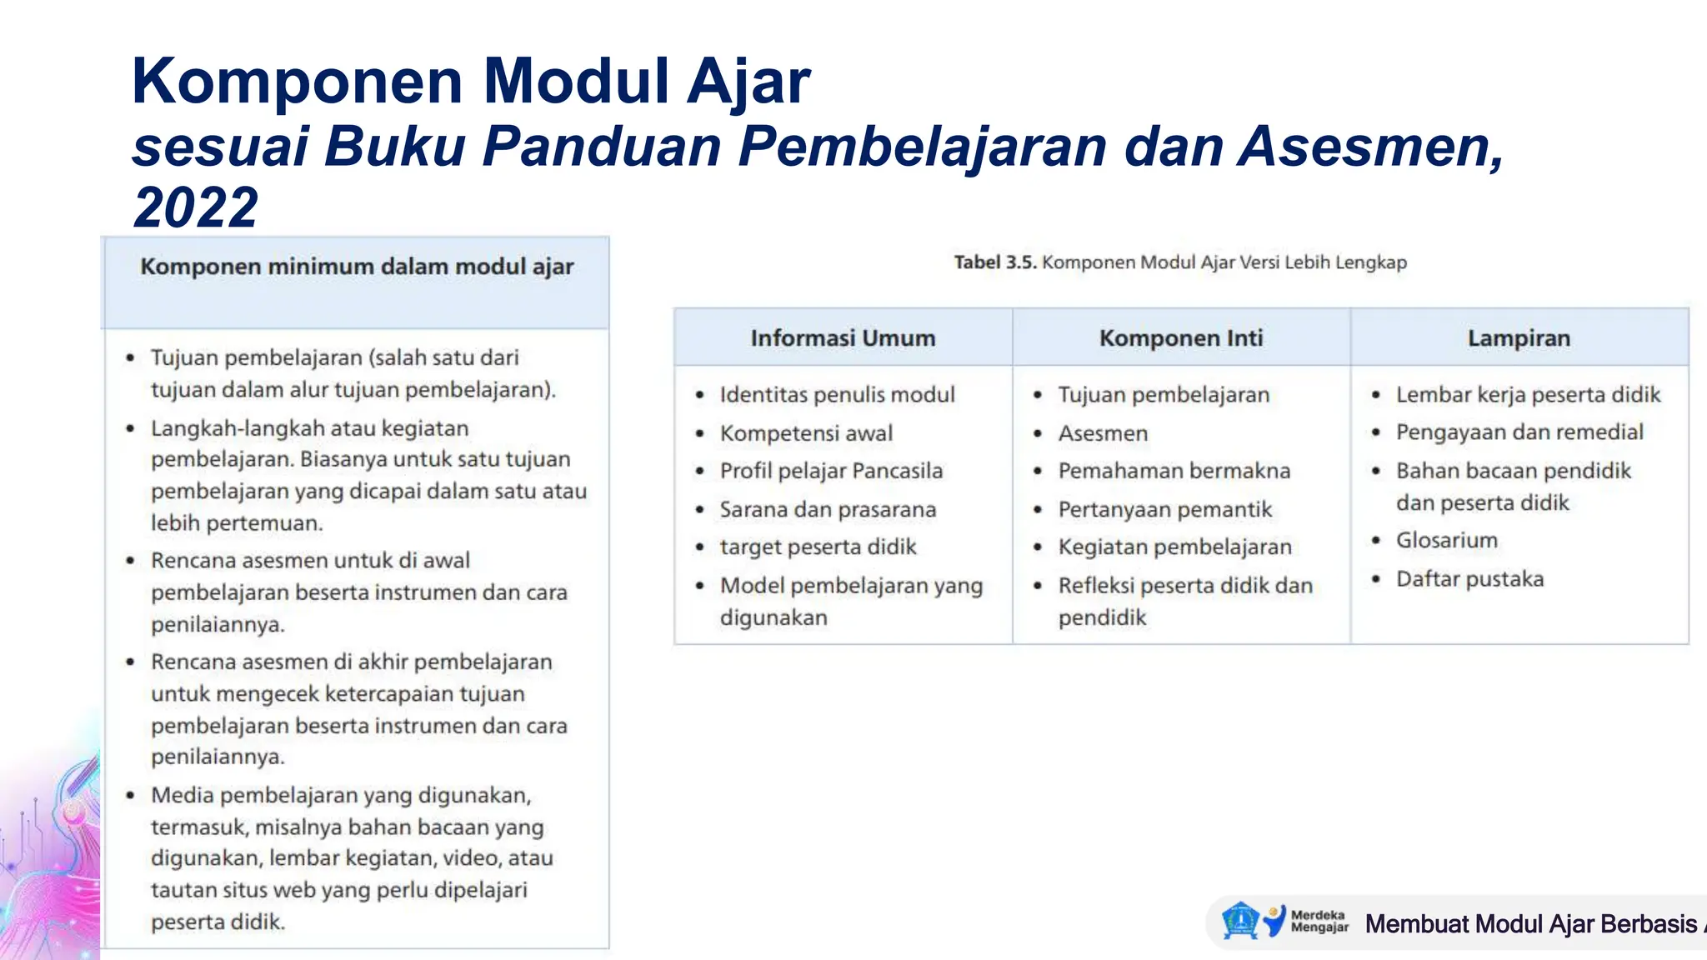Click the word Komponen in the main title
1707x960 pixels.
coord(297,82)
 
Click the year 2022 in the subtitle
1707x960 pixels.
coord(196,207)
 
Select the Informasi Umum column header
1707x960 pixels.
coord(843,337)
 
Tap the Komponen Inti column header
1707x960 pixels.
coord(1181,337)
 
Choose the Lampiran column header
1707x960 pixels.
coord(1519,337)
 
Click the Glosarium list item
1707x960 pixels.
coord(1447,540)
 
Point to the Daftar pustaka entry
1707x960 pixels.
coord(1469,578)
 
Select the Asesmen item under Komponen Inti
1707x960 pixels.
coord(1103,433)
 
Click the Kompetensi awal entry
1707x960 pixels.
coord(806,433)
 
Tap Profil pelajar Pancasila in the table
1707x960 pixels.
coord(831,471)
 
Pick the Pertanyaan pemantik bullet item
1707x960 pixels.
coord(1164,509)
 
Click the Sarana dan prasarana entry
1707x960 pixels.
coord(828,509)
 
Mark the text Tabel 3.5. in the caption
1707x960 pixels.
coord(995,262)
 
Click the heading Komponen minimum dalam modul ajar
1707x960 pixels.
coord(357,267)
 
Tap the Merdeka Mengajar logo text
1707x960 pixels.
coord(1319,921)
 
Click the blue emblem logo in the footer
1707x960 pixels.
coord(1240,921)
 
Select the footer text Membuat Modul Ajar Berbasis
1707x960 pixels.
coord(1530,923)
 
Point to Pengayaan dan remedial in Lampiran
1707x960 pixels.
coord(1519,432)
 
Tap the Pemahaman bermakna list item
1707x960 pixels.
coord(1174,471)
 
